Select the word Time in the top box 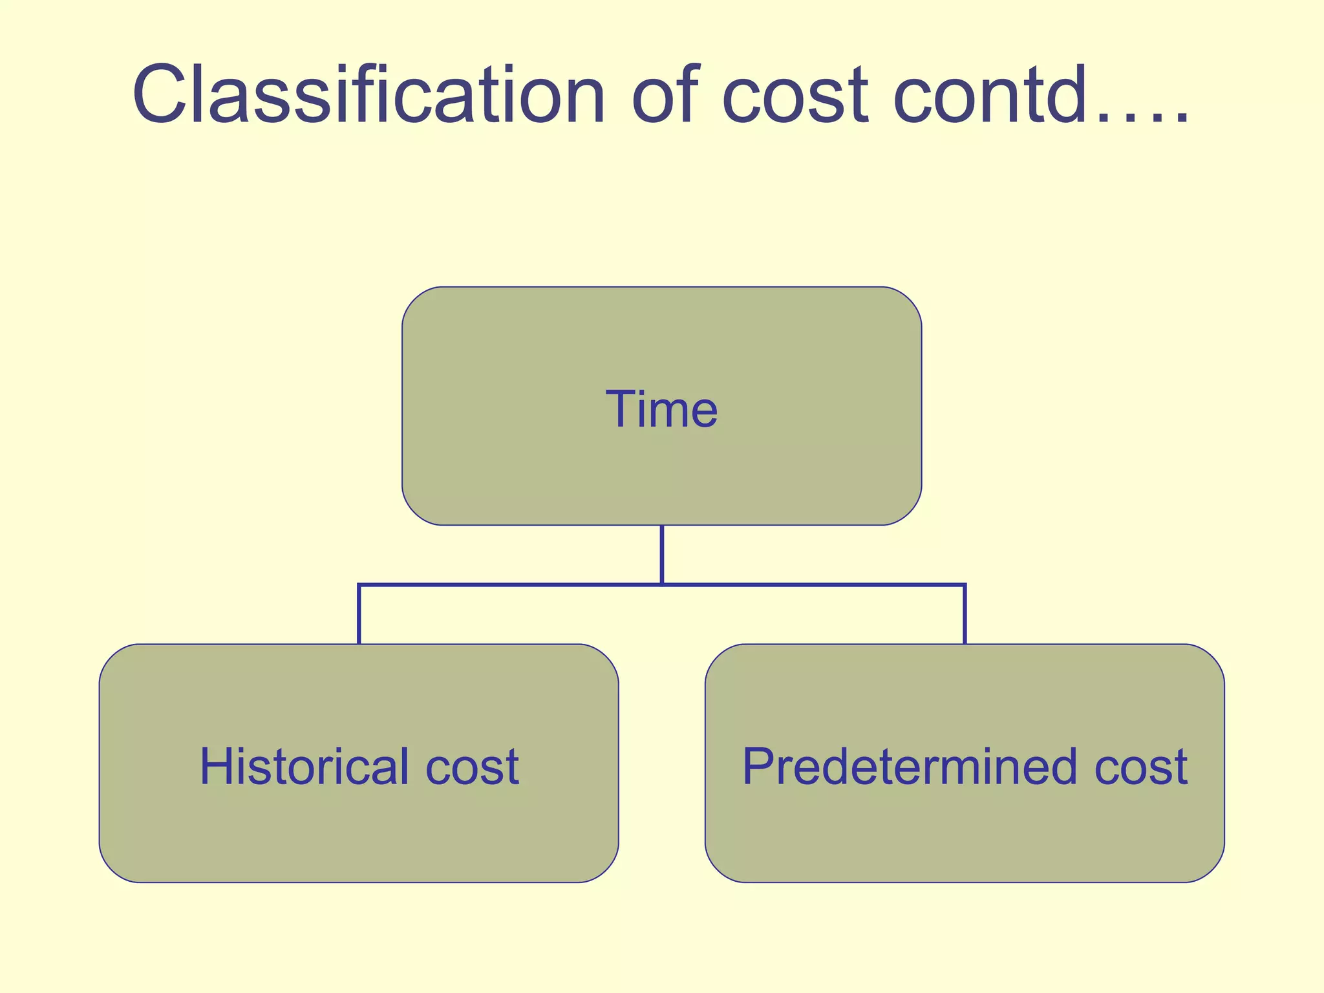pyautogui.click(x=661, y=409)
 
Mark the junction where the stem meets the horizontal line pyautogui.click(x=662, y=585)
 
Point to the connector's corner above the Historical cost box pyautogui.click(x=359, y=586)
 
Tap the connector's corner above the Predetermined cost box pyautogui.click(x=965, y=586)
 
